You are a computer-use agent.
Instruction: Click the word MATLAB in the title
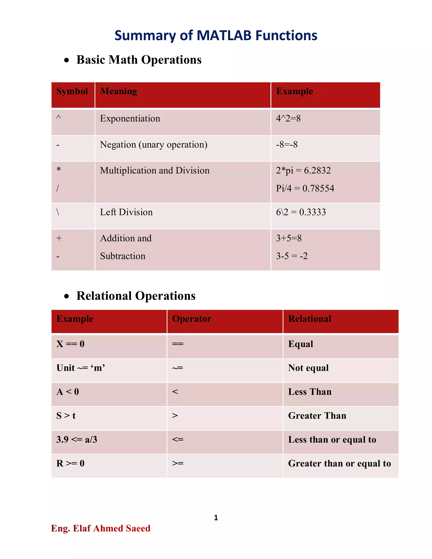(224, 36)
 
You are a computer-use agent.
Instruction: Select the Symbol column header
(72, 91)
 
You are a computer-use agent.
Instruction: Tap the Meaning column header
(119, 91)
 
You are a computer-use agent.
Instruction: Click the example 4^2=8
(288, 119)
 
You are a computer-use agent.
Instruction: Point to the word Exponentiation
(130, 119)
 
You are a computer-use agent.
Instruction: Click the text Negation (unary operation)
(154, 145)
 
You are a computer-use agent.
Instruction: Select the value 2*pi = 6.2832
(303, 170)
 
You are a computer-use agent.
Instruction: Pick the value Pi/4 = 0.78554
(305, 188)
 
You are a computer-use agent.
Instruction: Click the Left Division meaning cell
(126, 212)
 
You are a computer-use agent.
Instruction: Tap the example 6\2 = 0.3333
(301, 212)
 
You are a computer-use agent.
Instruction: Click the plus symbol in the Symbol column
(59, 238)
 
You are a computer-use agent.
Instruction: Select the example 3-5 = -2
(292, 256)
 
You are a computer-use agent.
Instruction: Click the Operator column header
(192, 319)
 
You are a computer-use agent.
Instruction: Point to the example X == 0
(70, 344)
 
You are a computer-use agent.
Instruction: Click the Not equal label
(308, 368)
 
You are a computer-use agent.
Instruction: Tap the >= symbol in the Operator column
(178, 463)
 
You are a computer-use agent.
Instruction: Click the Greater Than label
(317, 416)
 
